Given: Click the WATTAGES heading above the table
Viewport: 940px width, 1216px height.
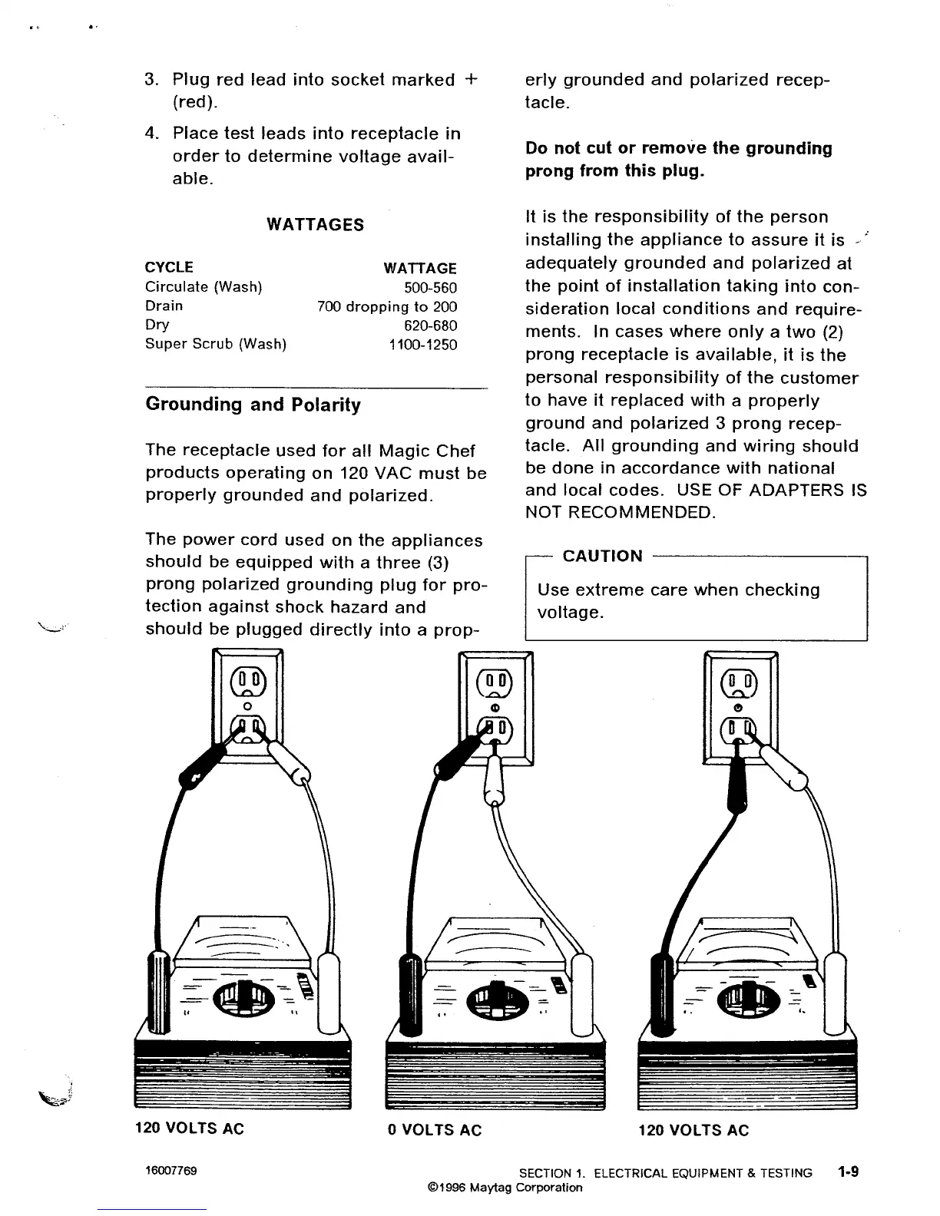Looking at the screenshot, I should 315,225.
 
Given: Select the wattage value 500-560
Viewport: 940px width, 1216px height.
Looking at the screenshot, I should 430,288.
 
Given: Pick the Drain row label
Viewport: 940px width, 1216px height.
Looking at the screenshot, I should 164,306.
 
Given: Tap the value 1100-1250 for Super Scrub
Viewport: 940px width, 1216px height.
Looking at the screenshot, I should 422,345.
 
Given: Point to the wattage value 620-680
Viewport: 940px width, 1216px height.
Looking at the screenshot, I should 430,325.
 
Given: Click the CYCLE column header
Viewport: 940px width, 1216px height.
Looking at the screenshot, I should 169,268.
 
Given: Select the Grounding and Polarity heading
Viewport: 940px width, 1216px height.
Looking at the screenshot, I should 253,405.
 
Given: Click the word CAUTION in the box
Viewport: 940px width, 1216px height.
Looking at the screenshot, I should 603,556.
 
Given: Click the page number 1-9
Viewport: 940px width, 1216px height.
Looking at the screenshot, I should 848,1172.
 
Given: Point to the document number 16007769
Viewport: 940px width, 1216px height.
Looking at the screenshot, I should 171,1171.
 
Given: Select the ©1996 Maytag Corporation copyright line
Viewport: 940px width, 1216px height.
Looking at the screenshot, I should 505,1188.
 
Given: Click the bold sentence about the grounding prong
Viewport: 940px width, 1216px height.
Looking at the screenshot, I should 678,159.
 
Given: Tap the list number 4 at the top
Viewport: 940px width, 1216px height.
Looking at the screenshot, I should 151,134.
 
